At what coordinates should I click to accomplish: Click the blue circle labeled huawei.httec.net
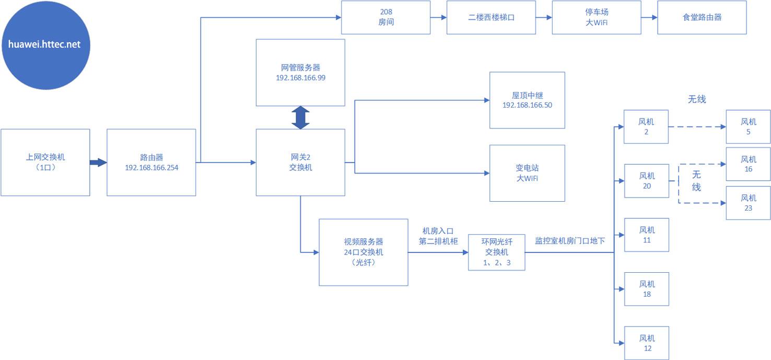(x=45, y=44)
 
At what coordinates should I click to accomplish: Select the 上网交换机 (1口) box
(x=45, y=162)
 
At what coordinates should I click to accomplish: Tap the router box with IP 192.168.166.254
(x=151, y=162)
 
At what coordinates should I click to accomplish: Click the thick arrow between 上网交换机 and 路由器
(x=98, y=162)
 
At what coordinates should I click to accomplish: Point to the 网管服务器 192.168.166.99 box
(x=300, y=72)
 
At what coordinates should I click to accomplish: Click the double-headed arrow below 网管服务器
(x=300, y=118)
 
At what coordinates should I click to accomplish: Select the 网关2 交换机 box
(x=300, y=162)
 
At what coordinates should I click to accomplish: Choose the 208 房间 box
(x=385, y=17)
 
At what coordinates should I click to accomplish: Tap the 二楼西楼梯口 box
(x=492, y=17)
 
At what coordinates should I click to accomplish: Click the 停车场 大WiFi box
(x=597, y=17)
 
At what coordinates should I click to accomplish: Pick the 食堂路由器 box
(x=702, y=17)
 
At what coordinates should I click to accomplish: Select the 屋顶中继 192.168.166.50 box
(x=527, y=100)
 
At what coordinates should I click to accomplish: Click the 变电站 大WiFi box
(x=527, y=173)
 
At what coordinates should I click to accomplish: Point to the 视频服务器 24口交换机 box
(x=363, y=252)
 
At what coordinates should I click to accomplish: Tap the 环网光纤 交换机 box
(x=496, y=252)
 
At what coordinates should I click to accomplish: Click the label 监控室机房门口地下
(x=570, y=241)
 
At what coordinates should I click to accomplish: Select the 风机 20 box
(x=646, y=181)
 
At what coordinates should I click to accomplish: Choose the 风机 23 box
(x=748, y=203)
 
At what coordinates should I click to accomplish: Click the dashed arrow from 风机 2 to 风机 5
(x=697, y=127)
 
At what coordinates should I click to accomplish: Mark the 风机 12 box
(x=646, y=343)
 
